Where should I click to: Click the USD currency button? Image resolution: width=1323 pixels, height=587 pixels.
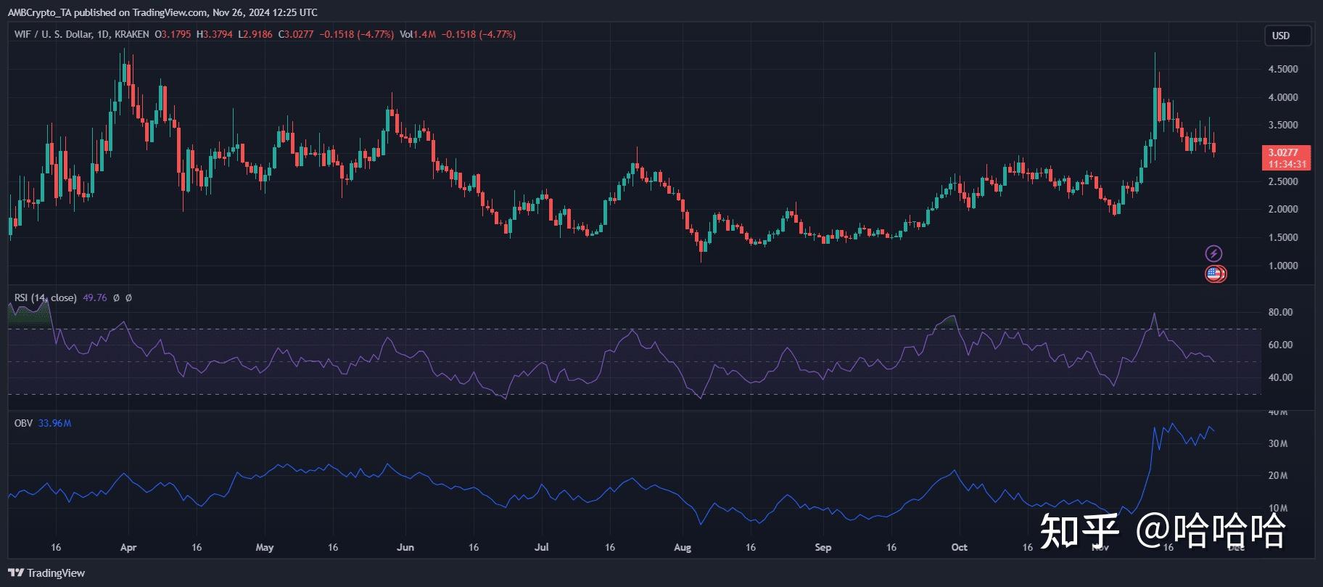(1281, 36)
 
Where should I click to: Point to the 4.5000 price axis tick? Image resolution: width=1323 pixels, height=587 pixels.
(1282, 70)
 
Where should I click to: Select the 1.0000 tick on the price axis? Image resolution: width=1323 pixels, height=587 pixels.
(1282, 266)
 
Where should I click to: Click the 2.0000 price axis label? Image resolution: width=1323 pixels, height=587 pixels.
(1282, 210)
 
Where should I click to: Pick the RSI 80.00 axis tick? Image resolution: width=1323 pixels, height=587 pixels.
(1280, 313)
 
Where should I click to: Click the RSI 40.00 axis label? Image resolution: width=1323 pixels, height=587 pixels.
(1280, 378)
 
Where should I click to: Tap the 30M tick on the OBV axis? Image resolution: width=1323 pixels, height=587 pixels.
(1277, 444)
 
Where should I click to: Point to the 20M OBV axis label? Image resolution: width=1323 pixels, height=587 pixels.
(1277, 477)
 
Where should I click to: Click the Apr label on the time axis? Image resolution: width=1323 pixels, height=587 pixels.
(128, 548)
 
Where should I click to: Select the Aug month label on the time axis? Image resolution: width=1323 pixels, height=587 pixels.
(682, 548)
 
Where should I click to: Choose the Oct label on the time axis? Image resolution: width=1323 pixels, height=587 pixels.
(959, 548)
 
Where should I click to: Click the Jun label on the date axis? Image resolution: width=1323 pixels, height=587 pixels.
(405, 548)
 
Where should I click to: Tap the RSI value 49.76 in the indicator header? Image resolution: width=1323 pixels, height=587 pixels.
(95, 298)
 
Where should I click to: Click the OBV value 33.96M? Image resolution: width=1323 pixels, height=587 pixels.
(54, 424)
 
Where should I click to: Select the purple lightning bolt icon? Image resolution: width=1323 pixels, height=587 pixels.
(1213, 253)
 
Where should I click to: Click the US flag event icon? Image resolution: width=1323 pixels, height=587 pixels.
(1213, 274)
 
